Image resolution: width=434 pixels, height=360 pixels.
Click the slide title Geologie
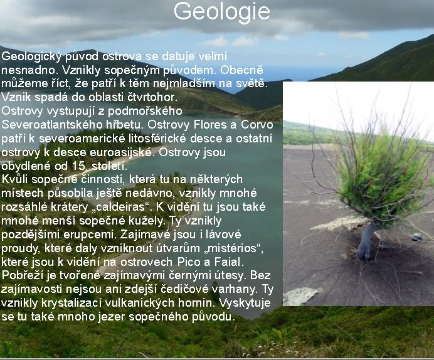pyautogui.click(x=222, y=12)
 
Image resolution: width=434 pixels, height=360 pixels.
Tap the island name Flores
pyautogui.click(x=210, y=125)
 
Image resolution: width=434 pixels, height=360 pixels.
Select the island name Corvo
pyautogui.click(x=257, y=125)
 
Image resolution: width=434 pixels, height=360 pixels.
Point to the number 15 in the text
pyautogui.click(x=78, y=166)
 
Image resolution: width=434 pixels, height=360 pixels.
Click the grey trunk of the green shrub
pyautogui.click(x=366, y=241)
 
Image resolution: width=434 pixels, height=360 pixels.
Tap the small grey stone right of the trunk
pyautogui.click(x=417, y=237)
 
